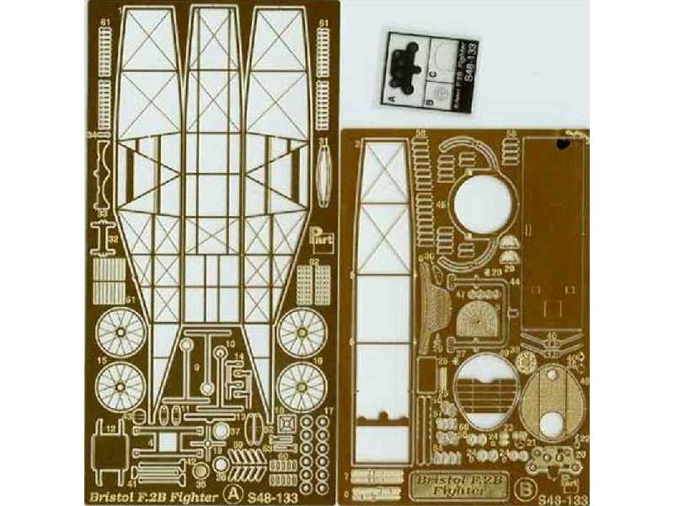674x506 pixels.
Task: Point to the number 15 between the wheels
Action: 102,360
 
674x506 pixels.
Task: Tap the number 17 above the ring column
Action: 328,412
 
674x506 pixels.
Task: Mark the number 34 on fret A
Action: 89,133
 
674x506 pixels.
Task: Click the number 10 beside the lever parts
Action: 229,346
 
